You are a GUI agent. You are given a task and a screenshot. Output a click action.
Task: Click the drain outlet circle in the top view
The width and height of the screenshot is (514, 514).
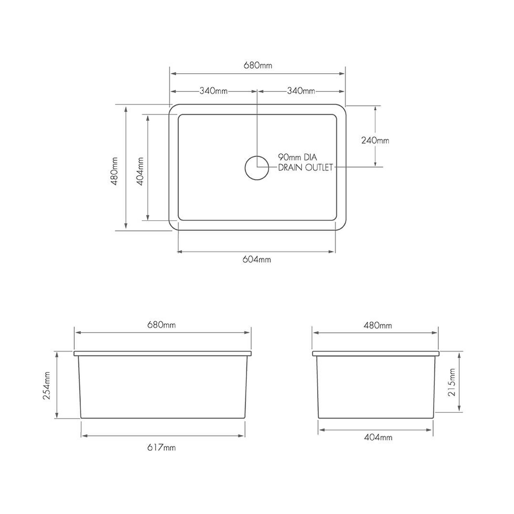(257, 167)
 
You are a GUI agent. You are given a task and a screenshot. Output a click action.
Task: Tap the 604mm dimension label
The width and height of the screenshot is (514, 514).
(257, 260)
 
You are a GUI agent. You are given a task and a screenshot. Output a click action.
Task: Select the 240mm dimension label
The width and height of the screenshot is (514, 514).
(375, 141)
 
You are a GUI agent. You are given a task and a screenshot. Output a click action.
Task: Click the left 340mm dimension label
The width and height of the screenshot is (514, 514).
(214, 91)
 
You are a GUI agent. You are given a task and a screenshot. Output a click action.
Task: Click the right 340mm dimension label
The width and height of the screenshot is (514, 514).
(301, 91)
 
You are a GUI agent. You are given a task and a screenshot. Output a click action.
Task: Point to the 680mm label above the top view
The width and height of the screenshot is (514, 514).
(258, 65)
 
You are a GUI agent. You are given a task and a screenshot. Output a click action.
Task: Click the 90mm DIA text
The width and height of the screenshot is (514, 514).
(302, 157)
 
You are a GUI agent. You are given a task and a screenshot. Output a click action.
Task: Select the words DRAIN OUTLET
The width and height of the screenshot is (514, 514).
(305, 168)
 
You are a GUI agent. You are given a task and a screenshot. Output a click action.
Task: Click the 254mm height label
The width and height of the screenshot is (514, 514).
(47, 385)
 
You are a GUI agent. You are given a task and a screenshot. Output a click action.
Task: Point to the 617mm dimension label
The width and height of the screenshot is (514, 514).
(162, 447)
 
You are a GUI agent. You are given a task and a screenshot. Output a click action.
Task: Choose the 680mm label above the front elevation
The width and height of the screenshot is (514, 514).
(162, 325)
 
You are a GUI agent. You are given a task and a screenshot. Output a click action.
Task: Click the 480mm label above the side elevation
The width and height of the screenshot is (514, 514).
(378, 325)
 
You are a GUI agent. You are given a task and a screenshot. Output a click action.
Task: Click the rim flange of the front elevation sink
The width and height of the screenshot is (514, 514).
(162, 353)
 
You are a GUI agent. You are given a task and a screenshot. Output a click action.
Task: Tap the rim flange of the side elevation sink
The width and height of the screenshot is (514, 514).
(375, 353)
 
